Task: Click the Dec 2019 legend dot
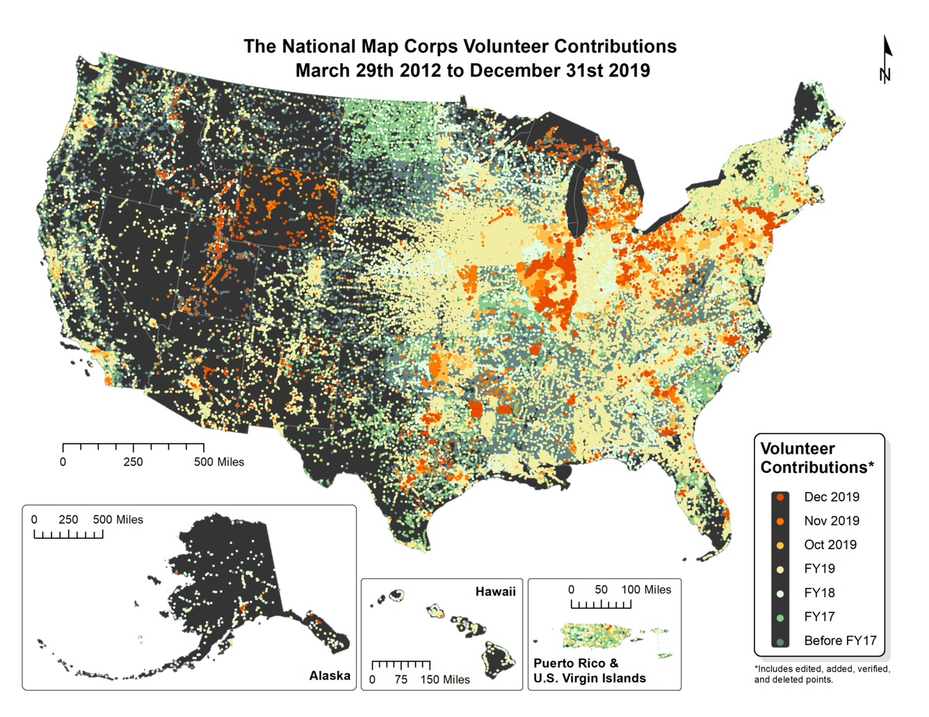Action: (781, 497)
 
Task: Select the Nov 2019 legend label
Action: (832, 521)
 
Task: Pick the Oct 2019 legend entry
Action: (830, 545)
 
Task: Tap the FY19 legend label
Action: (819, 569)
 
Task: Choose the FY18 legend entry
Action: (819, 593)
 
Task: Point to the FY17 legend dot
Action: (781, 617)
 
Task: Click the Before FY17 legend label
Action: (840, 641)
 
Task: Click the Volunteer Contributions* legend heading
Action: (816, 458)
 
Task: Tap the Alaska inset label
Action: (330, 676)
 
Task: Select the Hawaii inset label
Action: (495, 592)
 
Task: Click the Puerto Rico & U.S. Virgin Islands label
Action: (590, 671)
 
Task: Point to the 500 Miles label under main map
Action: (219, 462)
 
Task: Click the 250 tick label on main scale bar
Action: (133, 462)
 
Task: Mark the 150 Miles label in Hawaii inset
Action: (445, 679)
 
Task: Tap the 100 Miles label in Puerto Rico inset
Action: (646, 590)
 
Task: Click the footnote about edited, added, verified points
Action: (822, 674)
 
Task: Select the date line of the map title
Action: (472, 71)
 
